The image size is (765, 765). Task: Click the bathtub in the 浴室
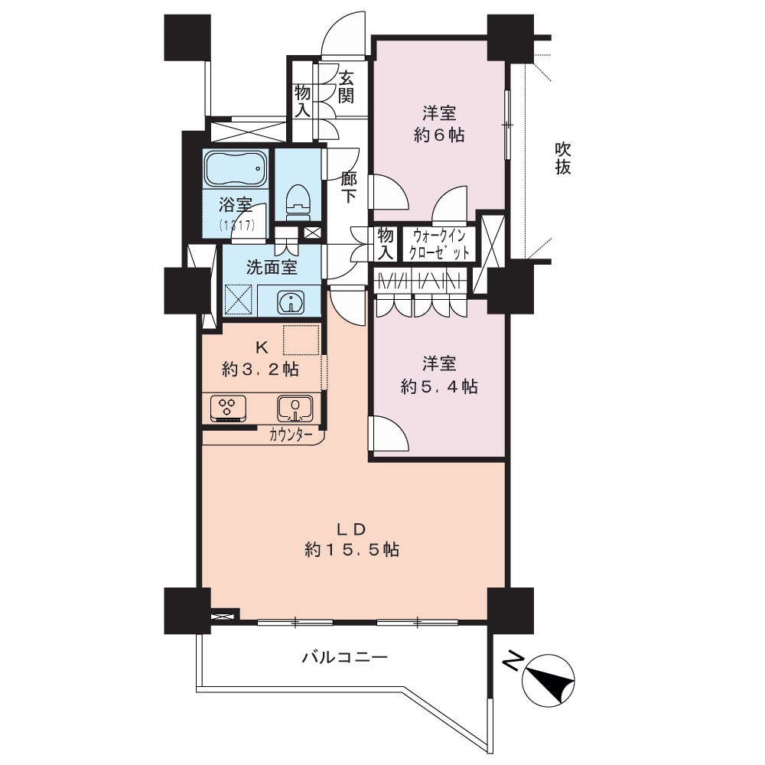pos(236,169)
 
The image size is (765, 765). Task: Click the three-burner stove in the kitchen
pos(228,408)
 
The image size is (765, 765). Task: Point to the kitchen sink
pos(295,408)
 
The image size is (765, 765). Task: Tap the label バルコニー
pos(344,657)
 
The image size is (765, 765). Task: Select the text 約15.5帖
pos(352,550)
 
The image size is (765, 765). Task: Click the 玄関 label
pos(346,87)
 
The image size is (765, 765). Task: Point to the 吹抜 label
pos(563,158)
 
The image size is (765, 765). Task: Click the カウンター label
pos(291,435)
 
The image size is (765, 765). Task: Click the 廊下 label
pos(348,187)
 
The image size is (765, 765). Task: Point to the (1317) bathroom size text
pos(236,225)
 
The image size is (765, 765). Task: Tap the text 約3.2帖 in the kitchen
pos(261,369)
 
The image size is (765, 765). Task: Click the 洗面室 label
pos(272,267)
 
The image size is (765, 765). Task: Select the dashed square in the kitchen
pos(301,340)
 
